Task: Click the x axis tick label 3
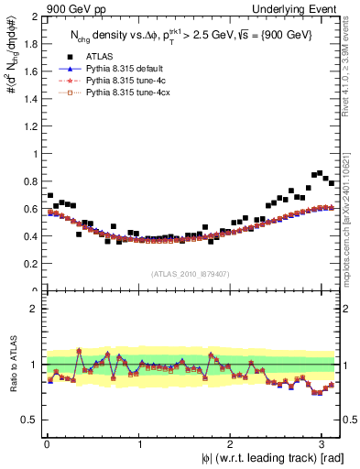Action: (x=323, y=442)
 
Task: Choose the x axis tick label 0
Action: (x=47, y=442)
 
